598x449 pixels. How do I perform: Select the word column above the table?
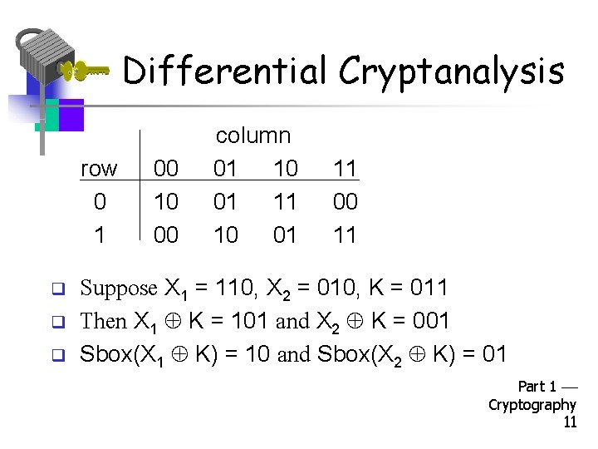(252, 136)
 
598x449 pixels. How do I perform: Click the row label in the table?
(99, 169)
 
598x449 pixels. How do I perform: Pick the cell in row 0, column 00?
(166, 202)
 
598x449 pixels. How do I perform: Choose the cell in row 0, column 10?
(285, 202)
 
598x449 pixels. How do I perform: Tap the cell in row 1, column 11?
(345, 235)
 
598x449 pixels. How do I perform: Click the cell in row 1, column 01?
(226, 235)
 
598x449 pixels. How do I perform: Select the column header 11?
(345, 169)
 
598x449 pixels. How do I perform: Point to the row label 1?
(100, 235)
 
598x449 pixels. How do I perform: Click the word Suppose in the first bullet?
(118, 289)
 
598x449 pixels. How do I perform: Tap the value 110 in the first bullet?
(234, 289)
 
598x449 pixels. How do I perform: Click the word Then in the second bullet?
(103, 321)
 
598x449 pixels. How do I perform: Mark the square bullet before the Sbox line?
(59, 356)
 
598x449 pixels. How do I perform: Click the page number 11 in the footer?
(570, 422)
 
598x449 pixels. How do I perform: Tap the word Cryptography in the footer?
(532, 405)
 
